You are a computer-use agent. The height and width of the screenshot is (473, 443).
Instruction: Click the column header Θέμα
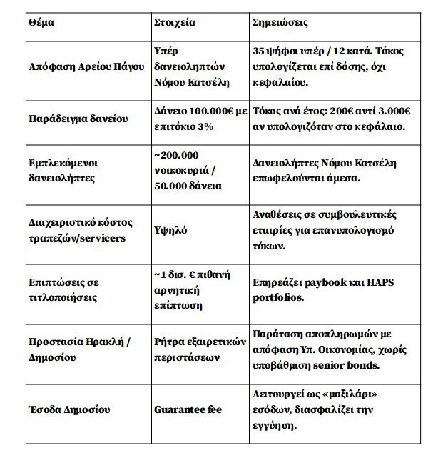(41, 22)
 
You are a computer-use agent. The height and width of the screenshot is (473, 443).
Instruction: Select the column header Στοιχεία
(174, 22)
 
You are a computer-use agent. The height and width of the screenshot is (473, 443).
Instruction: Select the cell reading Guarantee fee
(188, 410)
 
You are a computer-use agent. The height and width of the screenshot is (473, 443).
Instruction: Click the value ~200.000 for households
(176, 155)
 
